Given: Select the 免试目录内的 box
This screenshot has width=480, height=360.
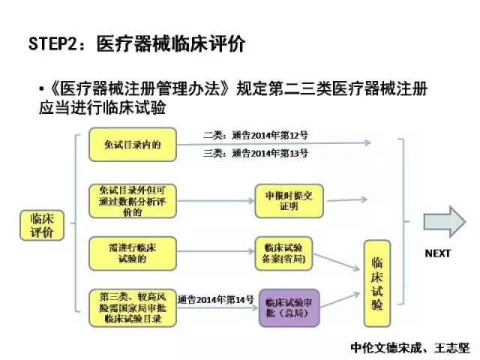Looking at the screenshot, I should coord(133,144).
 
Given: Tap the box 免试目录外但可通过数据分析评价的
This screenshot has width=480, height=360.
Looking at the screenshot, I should coord(132,201).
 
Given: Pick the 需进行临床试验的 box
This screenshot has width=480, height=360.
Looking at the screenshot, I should coord(132,254).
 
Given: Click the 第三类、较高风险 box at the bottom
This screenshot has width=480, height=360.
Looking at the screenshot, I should coord(133,307).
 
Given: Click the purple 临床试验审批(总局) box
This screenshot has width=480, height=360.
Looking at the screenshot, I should coord(289,307).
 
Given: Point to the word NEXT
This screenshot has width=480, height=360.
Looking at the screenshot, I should coord(437,253).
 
